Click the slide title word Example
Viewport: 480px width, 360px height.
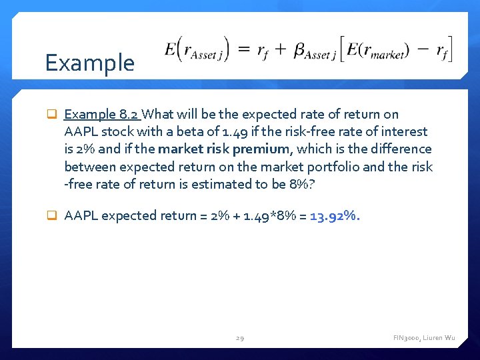89,63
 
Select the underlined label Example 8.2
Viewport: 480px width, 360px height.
102,115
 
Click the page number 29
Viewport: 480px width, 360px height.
239,339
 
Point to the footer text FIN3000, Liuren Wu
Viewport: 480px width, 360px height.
424,339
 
